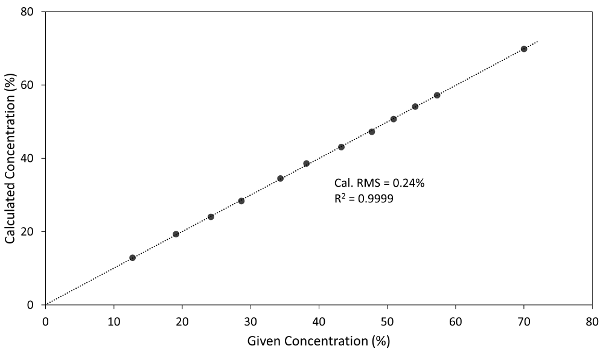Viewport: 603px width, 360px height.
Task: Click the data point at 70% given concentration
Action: point(524,49)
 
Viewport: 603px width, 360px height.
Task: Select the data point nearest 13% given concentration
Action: point(132,258)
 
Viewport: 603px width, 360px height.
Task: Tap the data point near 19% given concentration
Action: point(176,234)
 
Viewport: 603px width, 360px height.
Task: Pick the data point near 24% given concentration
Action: point(211,217)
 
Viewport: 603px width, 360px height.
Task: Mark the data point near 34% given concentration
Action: point(280,179)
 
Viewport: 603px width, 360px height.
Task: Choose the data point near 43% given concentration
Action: point(341,147)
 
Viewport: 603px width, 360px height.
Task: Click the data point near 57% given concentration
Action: point(437,95)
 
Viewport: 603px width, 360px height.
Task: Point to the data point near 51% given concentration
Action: point(394,119)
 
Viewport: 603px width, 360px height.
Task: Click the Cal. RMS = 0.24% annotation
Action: point(380,183)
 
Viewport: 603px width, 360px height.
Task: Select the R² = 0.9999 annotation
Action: point(364,198)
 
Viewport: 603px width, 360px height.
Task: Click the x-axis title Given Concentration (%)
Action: point(319,341)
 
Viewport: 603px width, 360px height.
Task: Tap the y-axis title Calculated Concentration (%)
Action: point(10,158)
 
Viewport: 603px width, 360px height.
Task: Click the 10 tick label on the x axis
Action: point(113,320)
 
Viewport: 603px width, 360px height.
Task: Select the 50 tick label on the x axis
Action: point(387,320)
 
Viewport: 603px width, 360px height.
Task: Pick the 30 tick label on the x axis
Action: point(250,320)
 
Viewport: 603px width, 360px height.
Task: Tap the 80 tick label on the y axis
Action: point(28,12)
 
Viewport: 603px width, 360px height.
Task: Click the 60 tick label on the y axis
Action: point(28,85)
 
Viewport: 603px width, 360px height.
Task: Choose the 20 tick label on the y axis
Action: point(28,232)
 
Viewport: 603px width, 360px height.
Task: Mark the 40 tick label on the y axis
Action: point(28,158)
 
